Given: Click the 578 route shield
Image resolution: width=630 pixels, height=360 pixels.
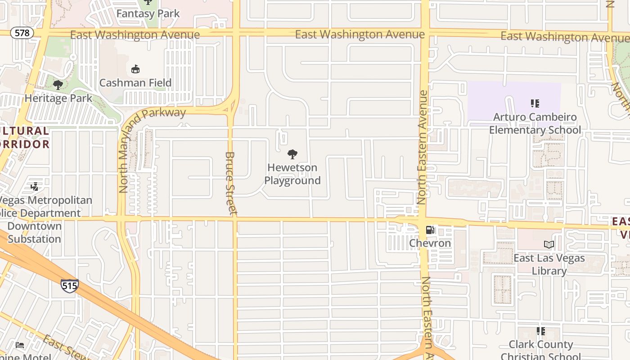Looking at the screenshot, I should click(x=22, y=33).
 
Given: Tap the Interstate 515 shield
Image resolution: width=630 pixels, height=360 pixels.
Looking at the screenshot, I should click(x=70, y=285).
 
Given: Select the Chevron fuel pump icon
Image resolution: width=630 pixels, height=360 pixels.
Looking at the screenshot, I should click(x=430, y=230).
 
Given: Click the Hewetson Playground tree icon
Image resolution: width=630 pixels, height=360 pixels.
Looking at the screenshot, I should click(x=292, y=154).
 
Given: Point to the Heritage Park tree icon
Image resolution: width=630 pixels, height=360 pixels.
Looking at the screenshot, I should click(x=58, y=85).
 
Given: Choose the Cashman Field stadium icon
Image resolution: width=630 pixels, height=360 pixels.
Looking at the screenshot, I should click(x=135, y=69).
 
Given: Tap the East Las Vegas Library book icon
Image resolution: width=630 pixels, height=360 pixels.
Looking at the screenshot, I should click(x=549, y=245).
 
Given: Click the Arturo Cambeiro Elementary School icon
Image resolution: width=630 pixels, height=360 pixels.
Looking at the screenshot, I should click(x=535, y=103).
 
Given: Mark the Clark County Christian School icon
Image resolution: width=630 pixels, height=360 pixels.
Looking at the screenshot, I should click(x=541, y=331).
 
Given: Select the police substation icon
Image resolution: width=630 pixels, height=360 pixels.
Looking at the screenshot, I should click(x=35, y=186).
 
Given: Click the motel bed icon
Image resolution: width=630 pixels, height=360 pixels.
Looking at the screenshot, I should click(x=20, y=345).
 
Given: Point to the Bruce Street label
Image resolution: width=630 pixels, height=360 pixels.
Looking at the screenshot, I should click(x=231, y=183).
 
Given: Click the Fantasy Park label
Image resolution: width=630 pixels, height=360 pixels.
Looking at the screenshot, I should click(x=148, y=13).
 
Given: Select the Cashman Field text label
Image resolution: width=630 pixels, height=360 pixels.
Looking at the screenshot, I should click(x=135, y=83).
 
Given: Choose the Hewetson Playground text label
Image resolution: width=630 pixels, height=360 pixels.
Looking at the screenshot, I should click(x=292, y=174).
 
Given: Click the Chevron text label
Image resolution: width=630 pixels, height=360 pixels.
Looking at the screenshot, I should click(x=430, y=243).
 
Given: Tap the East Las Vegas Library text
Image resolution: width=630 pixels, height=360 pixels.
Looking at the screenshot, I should click(x=549, y=265).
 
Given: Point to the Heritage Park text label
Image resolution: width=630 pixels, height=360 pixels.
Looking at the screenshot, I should click(x=58, y=98).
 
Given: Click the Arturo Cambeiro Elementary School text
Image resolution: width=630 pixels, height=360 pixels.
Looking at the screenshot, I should click(x=535, y=124).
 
